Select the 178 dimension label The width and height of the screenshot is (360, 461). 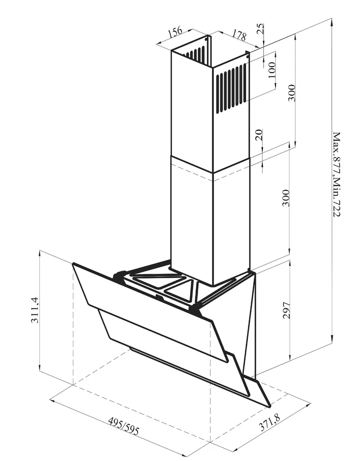point(239,35)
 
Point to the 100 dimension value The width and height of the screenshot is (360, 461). point(272,70)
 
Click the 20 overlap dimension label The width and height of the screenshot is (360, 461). point(259,135)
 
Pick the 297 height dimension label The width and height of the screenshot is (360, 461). point(286,310)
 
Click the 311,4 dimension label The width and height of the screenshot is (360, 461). point(35,310)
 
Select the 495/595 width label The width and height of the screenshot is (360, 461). point(124,427)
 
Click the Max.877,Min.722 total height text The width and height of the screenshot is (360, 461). point(336,175)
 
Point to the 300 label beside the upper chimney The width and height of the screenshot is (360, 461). point(291,93)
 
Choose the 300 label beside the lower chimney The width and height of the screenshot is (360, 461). point(286,198)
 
